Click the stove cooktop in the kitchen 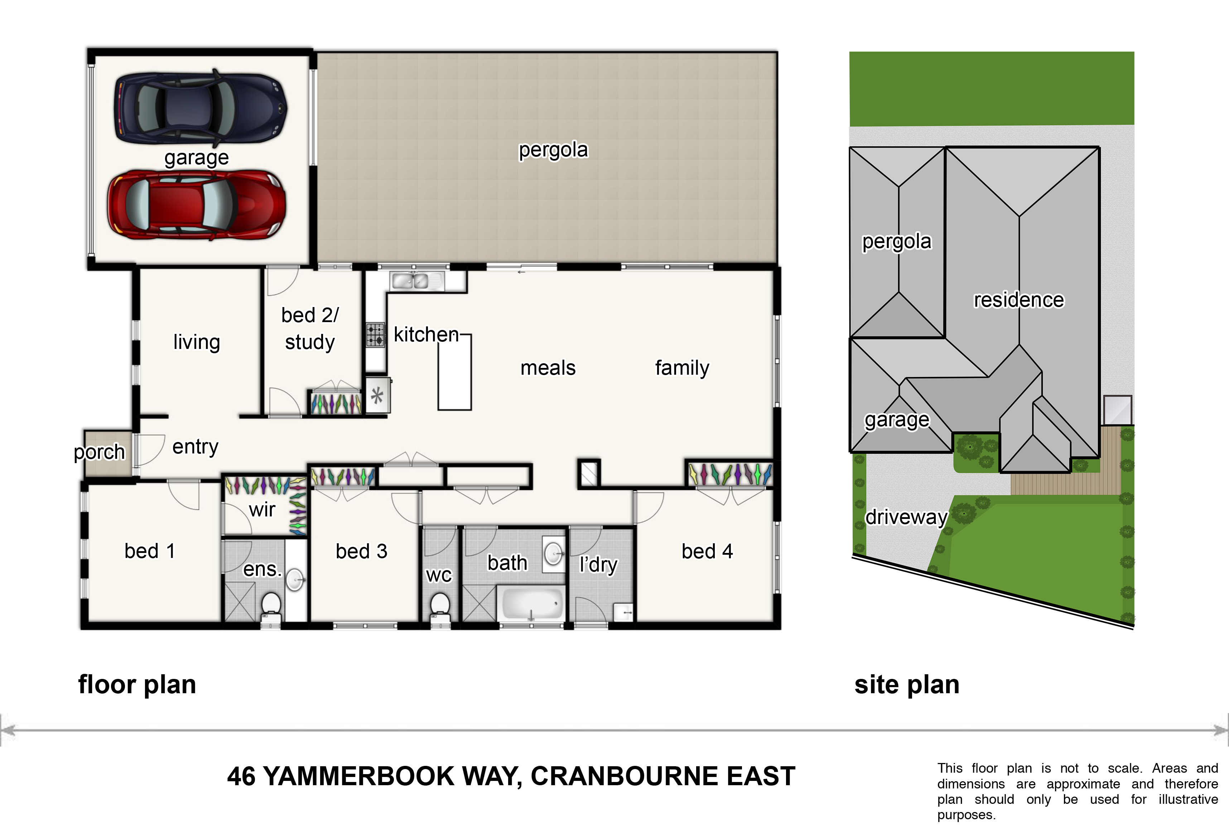click(x=375, y=335)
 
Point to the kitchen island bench click(x=454, y=372)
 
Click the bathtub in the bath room click(x=532, y=604)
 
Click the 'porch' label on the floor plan click(x=99, y=452)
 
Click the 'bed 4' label click(x=707, y=552)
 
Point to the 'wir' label click(x=262, y=509)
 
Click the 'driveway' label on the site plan click(x=906, y=517)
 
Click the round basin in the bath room click(x=553, y=553)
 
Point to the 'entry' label click(x=195, y=447)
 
